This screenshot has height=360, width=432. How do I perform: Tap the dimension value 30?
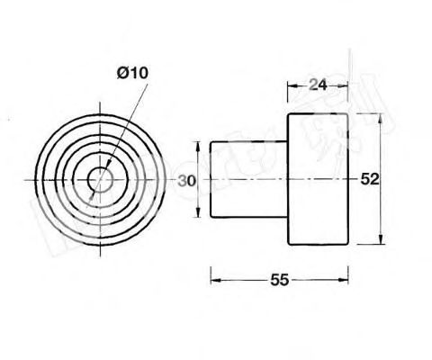pyautogui.click(x=186, y=180)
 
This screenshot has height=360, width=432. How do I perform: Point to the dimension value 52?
pyautogui.click(x=369, y=179)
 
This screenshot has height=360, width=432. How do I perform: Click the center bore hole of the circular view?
pyautogui.click(x=102, y=179)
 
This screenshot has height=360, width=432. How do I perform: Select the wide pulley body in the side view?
pyautogui.click(x=316, y=179)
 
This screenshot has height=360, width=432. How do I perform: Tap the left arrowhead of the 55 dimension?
pyautogui.click(x=214, y=280)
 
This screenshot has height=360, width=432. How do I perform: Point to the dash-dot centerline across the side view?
pyautogui.click(x=270, y=180)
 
